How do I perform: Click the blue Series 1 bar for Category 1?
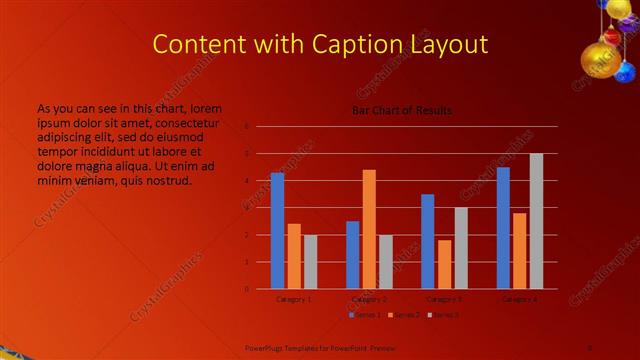[x=277, y=231]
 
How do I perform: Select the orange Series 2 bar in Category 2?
[x=369, y=229]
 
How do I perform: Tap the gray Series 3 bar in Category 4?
[x=536, y=221]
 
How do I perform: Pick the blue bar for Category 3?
[x=428, y=241]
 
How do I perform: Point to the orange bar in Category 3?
[x=444, y=264]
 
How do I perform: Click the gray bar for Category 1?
[x=310, y=262]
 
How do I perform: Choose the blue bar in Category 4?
[x=503, y=228]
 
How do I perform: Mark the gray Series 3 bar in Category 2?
[x=386, y=262]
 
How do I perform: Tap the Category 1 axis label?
[x=294, y=299]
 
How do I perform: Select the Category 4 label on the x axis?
[x=520, y=299]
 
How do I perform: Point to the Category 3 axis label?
[x=444, y=299]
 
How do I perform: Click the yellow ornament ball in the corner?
[x=601, y=58]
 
